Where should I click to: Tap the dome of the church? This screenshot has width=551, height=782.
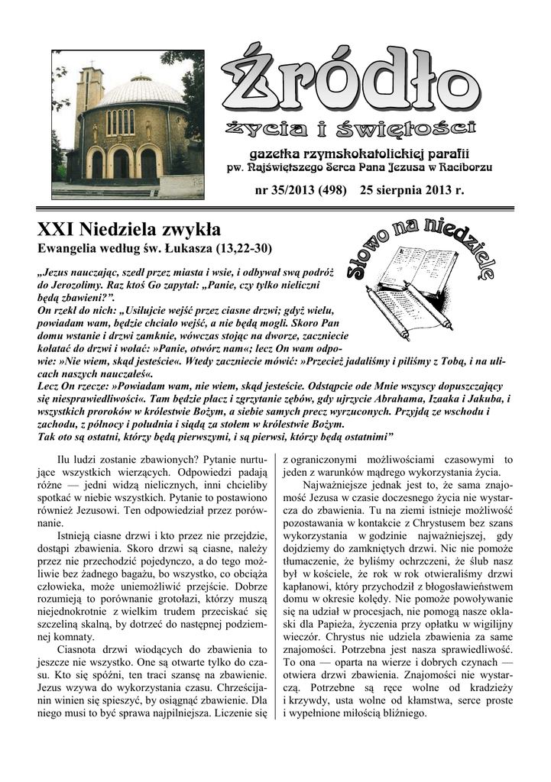[141, 91]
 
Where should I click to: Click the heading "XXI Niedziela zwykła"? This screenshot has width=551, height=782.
[129, 229]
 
